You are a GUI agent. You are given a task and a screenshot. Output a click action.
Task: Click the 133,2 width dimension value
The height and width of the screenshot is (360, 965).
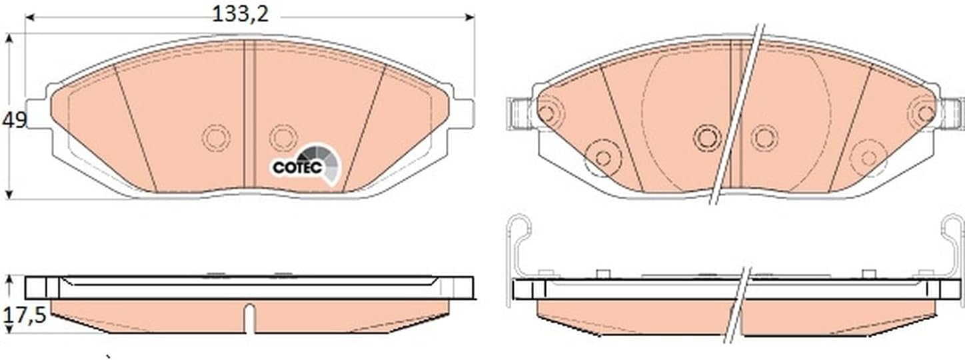241,14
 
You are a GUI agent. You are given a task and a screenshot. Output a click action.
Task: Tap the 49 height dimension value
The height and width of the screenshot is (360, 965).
15,120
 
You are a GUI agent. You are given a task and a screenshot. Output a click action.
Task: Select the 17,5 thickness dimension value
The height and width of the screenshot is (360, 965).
24,315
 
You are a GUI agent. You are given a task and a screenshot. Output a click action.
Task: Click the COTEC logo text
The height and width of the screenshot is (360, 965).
297,167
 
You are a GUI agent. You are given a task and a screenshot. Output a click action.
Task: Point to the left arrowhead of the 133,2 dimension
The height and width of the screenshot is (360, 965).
30,17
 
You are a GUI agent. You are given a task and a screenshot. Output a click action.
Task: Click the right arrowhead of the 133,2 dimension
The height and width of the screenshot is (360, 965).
470,17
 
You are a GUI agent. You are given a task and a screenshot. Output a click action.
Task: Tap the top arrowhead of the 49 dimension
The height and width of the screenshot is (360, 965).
9,39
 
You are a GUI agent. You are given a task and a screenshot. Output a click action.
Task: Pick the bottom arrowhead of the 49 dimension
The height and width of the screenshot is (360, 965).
9,194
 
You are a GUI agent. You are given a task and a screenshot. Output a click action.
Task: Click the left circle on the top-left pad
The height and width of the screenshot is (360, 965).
216,138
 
